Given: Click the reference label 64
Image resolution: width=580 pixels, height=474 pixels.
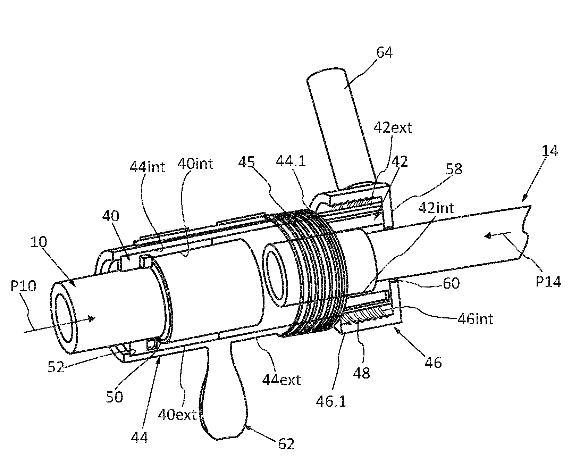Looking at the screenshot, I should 384,53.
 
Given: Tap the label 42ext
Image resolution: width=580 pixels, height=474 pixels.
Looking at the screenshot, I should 393,128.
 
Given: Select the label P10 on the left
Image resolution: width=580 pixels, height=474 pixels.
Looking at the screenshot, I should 24,287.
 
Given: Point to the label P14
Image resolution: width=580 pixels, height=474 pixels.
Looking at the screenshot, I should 548,282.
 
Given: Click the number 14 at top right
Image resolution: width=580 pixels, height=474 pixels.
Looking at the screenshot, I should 549,151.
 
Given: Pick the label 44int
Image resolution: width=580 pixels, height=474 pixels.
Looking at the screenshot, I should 147,167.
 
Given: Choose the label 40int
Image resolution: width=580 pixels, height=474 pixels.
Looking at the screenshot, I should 195,164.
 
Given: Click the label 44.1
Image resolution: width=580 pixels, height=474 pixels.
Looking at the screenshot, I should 291,161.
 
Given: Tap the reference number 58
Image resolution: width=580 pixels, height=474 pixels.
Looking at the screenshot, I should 454,169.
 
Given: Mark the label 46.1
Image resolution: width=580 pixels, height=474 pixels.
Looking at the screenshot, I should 331,401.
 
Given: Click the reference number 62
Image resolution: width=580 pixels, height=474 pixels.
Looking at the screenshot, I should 286,444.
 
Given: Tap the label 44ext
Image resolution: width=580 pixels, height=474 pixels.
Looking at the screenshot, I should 281,380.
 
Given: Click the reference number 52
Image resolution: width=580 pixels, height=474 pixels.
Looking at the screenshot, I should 56,367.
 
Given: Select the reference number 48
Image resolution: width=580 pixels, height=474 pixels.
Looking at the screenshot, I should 362,373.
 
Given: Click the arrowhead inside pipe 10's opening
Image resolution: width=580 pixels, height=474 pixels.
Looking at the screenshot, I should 91,318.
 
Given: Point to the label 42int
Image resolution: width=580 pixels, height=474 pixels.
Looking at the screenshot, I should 436,208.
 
